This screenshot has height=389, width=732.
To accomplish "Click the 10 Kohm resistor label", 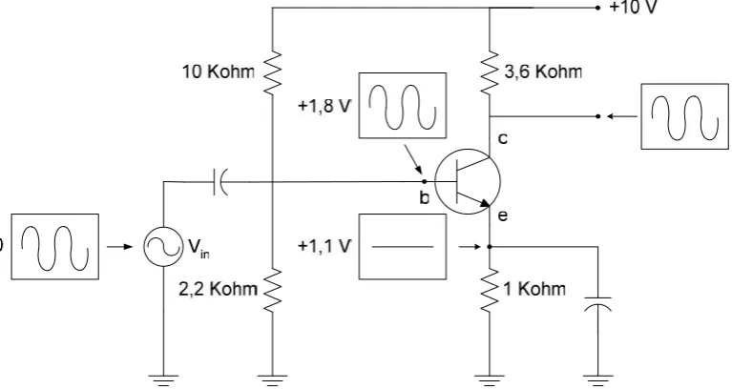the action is point(219,72).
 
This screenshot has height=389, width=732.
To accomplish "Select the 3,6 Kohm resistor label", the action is point(543,72).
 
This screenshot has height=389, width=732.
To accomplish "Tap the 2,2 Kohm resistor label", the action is point(218,289).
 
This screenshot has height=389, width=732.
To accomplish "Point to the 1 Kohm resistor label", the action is point(534,289).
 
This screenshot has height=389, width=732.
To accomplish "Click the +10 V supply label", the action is point(634,8).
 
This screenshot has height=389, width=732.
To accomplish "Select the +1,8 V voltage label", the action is point(324,107).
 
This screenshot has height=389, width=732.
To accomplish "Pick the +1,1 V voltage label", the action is point(324,246).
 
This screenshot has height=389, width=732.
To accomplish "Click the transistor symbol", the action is point(468,181).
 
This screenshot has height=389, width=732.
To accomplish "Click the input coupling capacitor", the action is point(220,182).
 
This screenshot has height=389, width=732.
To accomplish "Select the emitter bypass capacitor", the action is point(598,303).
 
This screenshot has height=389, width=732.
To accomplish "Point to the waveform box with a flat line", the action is point(403,247).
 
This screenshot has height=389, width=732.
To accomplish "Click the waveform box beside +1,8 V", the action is point(403,106).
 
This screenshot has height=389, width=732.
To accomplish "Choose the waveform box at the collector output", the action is point(684,116).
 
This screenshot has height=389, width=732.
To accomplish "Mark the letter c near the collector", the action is point(503,138).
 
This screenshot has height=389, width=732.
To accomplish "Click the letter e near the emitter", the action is point(503,215).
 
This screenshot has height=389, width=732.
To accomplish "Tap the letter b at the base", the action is point(424,197).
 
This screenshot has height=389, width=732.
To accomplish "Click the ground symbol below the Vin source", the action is point(163,380).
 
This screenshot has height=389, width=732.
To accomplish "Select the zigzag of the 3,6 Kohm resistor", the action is point(490,72).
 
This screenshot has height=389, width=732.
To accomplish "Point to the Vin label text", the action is point(199,247).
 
